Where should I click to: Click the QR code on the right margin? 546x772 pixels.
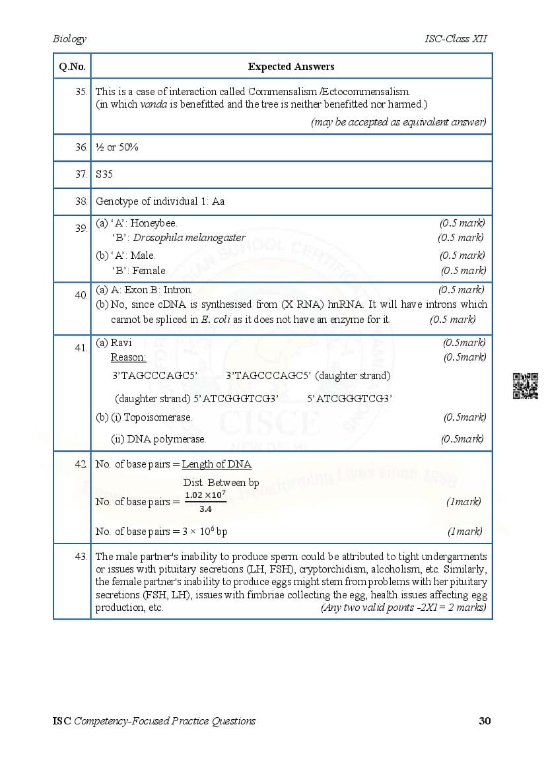point(526,386)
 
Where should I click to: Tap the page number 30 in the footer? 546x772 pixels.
point(485,720)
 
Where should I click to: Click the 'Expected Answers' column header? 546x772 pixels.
point(291,66)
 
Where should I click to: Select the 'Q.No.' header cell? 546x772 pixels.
point(72,66)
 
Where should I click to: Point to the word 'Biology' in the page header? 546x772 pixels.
point(69,39)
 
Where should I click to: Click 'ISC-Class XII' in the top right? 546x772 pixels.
point(456,39)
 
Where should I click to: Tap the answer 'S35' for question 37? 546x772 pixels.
point(104,174)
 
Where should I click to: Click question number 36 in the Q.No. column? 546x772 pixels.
point(81,147)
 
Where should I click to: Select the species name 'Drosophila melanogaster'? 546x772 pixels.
point(188,238)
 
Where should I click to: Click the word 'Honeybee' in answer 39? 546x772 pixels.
point(153,223)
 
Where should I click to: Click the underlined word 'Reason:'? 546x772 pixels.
point(128,357)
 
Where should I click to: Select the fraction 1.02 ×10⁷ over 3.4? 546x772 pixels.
point(205,501)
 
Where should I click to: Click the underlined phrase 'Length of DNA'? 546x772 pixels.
point(217,464)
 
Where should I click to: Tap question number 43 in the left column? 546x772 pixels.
point(81,557)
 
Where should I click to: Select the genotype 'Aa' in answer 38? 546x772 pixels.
point(218,201)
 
